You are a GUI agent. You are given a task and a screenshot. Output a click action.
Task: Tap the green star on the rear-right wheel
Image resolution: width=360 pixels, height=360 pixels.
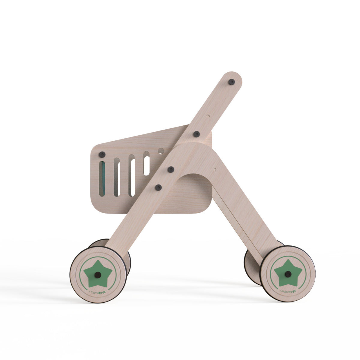point(288,273)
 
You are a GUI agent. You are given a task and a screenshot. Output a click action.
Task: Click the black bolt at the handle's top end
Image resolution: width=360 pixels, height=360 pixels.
point(232,82)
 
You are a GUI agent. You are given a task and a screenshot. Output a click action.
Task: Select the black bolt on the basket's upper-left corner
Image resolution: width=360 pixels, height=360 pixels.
point(102,154)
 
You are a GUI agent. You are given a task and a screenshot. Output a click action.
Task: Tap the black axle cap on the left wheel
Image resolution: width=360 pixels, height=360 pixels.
point(98,275)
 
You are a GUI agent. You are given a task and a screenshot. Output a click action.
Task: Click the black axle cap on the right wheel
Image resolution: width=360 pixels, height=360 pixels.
point(288,274)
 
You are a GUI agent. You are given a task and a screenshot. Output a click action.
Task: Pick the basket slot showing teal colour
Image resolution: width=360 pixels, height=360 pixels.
point(102,179)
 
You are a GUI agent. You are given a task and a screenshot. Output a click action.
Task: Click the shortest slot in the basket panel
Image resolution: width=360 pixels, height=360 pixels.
point(147,163)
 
